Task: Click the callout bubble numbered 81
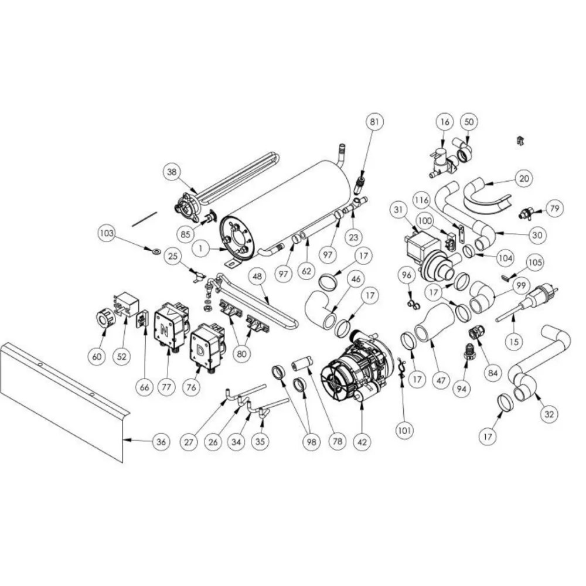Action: (x=374, y=122)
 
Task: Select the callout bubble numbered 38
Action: (x=171, y=172)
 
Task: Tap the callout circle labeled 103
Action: (x=106, y=233)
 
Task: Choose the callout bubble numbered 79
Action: (x=554, y=208)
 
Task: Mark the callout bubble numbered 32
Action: (x=548, y=414)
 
